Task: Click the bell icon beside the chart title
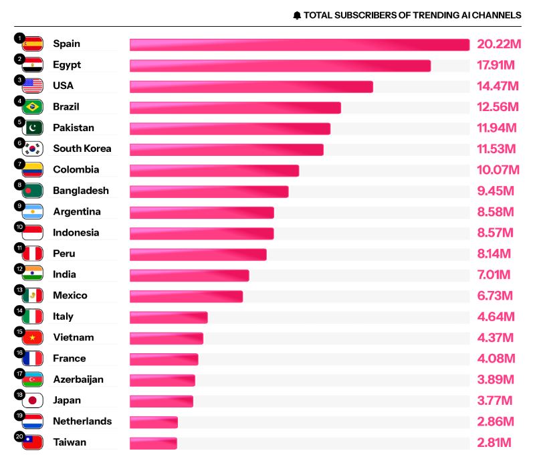[297, 15]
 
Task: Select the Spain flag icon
[33, 44]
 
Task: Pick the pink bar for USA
[251, 86]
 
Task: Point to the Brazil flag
[33, 107]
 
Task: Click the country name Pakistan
[74, 128]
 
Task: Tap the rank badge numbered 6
[20, 143]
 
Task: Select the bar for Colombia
[214, 170]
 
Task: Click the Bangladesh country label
[81, 191]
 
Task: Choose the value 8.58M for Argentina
[495, 212]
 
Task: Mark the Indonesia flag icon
[33, 233]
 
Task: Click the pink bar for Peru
[198, 254]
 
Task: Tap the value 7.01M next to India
[494, 275]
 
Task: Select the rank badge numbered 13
[20, 289]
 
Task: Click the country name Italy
[64, 316]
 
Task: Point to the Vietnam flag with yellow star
[33, 338]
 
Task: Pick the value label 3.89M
[495, 379]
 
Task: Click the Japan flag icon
[33, 401]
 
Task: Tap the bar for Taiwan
[153, 443]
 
